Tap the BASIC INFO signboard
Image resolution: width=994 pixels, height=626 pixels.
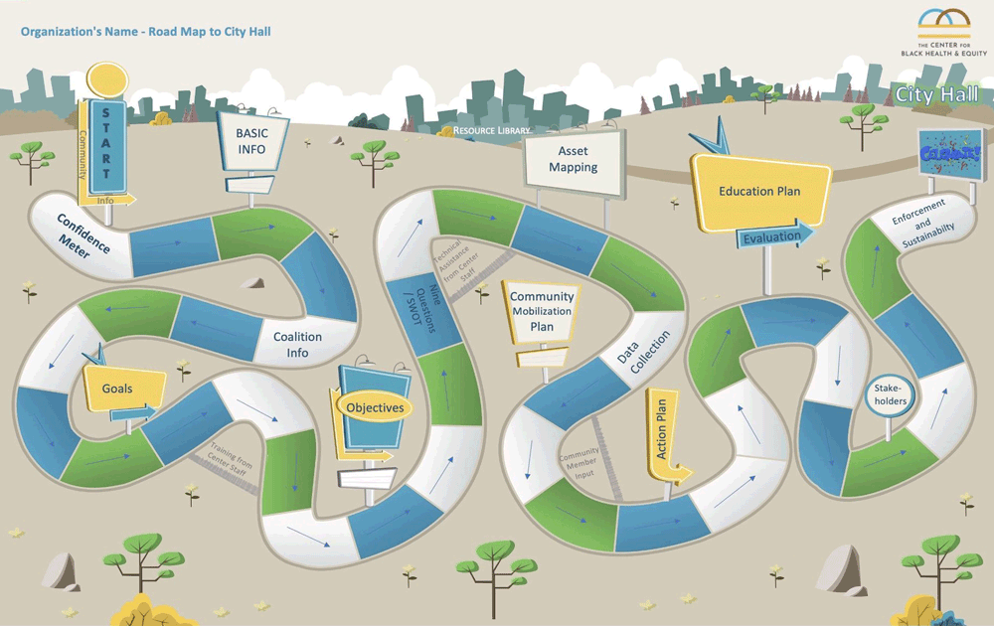tap(251, 141)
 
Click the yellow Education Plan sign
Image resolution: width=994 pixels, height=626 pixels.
tap(759, 192)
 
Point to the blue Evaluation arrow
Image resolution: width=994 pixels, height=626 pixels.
tap(774, 236)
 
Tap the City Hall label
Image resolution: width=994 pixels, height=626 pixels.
tap(936, 95)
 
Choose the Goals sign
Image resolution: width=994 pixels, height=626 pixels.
tap(118, 389)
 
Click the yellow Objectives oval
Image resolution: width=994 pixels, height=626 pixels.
tap(375, 407)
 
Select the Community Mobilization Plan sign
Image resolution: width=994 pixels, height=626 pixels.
tap(541, 311)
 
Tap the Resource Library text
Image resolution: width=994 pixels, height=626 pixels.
tap(491, 130)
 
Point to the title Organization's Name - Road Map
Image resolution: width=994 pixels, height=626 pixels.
tap(145, 32)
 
